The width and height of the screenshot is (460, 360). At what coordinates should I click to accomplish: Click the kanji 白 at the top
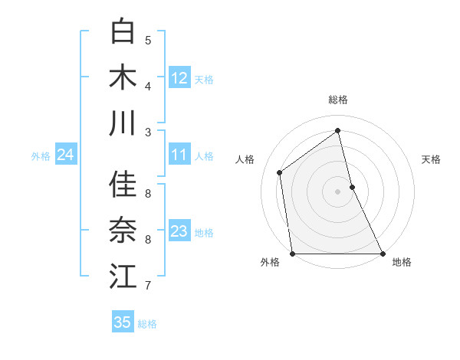(x=123, y=32)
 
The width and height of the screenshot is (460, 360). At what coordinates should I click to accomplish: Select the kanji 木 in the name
(x=123, y=78)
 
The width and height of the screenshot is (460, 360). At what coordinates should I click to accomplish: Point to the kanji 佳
(x=123, y=185)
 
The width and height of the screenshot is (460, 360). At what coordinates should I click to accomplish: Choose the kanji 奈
(x=123, y=231)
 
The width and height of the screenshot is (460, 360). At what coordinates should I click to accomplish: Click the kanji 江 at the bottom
(x=123, y=277)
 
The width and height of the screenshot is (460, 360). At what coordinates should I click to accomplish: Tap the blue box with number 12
(x=179, y=78)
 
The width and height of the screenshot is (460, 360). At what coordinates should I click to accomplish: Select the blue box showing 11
(x=179, y=155)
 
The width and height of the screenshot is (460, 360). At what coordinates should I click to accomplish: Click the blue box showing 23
(x=179, y=231)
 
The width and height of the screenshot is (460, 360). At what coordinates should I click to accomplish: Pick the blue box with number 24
(x=65, y=155)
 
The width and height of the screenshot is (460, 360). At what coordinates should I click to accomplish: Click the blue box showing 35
(x=123, y=322)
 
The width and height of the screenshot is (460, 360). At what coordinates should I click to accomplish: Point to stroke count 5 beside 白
(x=148, y=41)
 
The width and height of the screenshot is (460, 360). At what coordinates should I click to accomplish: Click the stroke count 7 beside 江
(x=148, y=286)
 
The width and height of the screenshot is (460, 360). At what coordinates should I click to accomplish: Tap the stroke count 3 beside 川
(x=148, y=133)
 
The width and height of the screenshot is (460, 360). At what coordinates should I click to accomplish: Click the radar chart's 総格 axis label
(x=337, y=100)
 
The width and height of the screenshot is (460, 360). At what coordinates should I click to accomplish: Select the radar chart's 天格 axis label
(x=431, y=159)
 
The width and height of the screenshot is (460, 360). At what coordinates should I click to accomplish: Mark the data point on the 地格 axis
(x=382, y=254)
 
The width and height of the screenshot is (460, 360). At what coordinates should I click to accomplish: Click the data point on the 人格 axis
(x=280, y=172)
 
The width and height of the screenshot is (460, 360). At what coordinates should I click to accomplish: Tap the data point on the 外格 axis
(x=293, y=254)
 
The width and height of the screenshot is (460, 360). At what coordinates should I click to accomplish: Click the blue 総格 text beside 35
(x=147, y=324)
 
